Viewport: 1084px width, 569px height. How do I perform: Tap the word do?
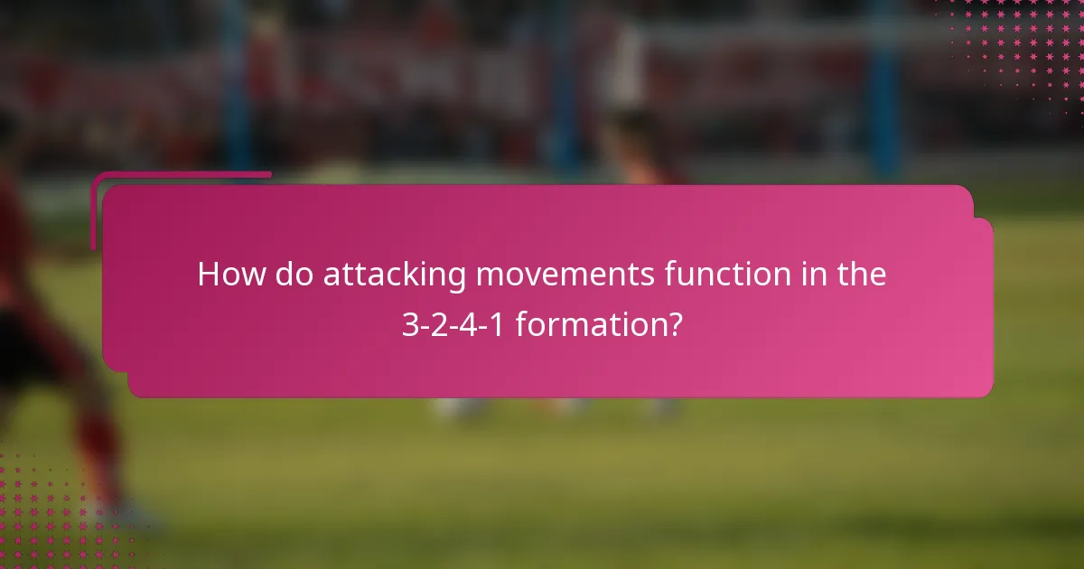[x=294, y=275]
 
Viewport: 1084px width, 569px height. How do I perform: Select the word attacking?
[x=395, y=275]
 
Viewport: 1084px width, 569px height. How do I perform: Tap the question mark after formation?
[x=674, y=323]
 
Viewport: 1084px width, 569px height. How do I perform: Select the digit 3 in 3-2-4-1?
[x=409, y=323]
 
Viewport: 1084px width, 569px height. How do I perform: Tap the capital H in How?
[x=208, y=275]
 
